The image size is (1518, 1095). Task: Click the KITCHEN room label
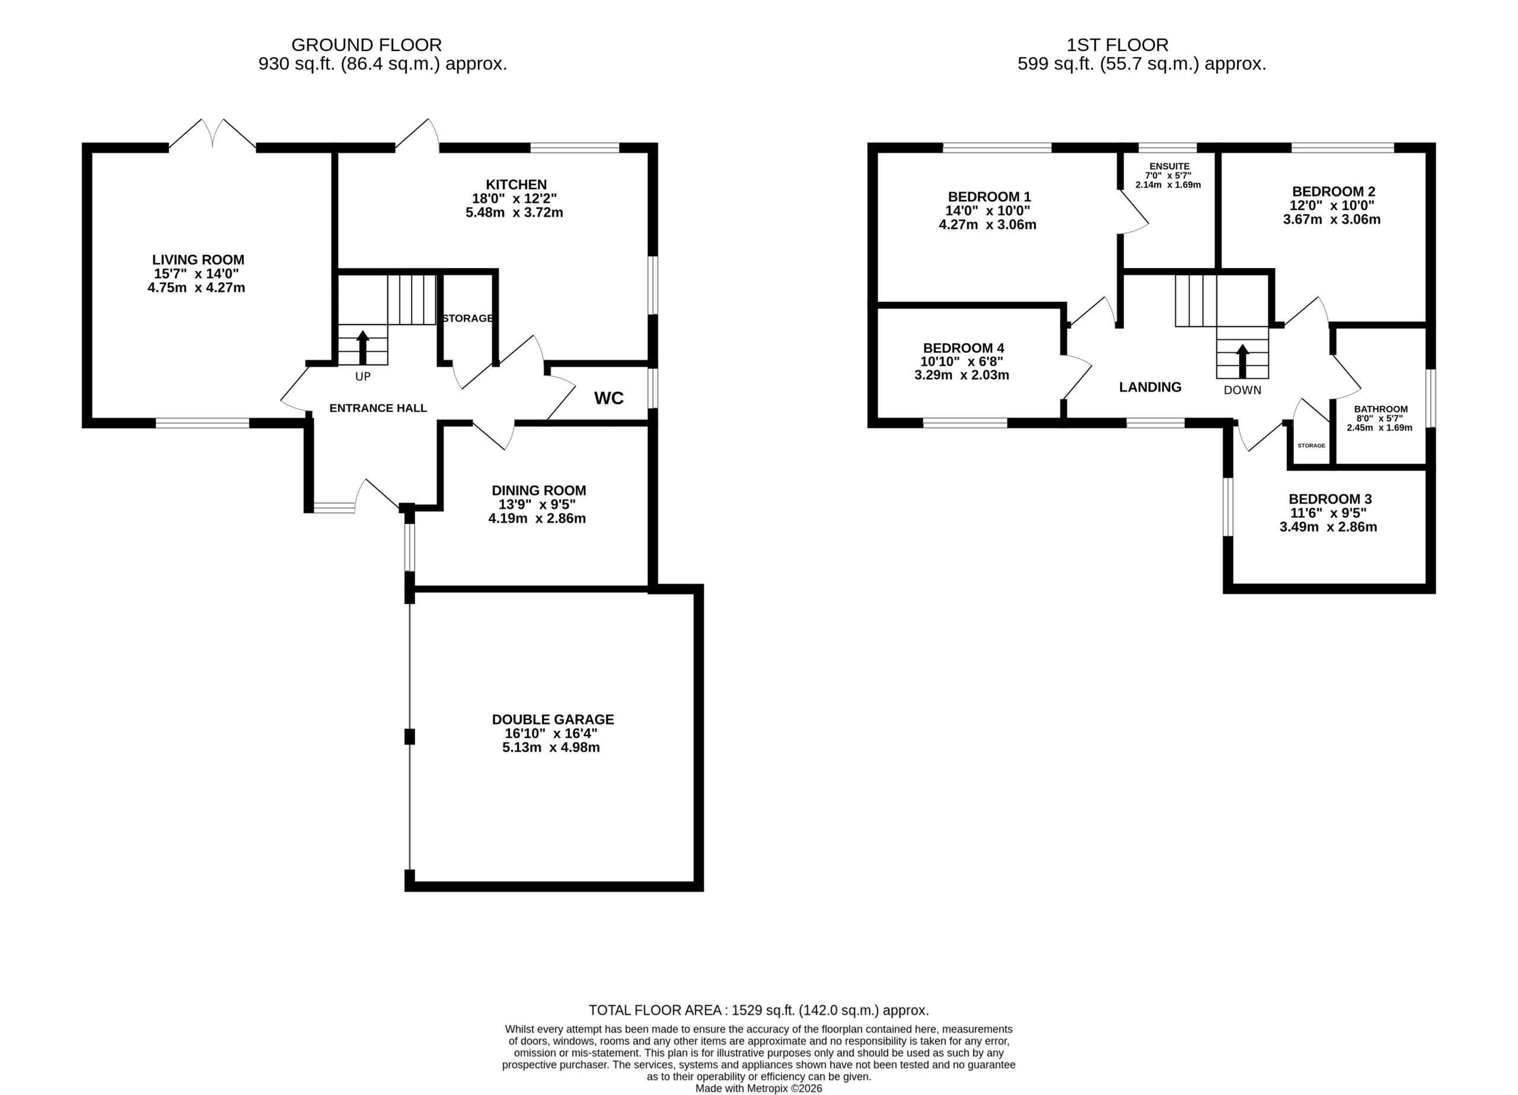pyautogui.click(x=516, y=184)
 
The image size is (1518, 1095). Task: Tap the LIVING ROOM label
pyautogui.click(x=198, y=260)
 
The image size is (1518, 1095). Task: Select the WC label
pyautogui.click(x=609, y=399)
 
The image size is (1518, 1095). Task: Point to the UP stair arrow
pyautogui.click(x=363, y=347)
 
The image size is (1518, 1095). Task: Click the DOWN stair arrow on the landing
pyautogui.click(x=1242, y=362)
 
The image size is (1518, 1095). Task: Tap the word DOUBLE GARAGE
pyautogui.click(x=553, y=720)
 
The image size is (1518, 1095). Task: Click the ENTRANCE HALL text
pyautogui.click(x=378, y=408)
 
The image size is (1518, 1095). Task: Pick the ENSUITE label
pyautogui.click(x=1169, y=166)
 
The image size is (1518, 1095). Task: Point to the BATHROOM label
pyautogui.click(x=1381, y=409)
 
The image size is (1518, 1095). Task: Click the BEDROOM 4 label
pyautogui.click(x=964, y=348)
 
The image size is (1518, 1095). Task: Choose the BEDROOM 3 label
pyautogui.click(x=1331, y=499)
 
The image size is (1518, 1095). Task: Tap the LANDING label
pyautogui.click(x=1150, y=387)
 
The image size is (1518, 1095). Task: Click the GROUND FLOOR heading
pyautogui.click(x=367, y=45)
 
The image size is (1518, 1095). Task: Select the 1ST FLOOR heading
pyautogui.click(x=1118, y=45)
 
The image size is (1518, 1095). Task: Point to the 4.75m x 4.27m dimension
pyautogui.click(x=196, y=288)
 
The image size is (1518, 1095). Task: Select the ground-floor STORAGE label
pyautogui.click(x=468, y=318)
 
